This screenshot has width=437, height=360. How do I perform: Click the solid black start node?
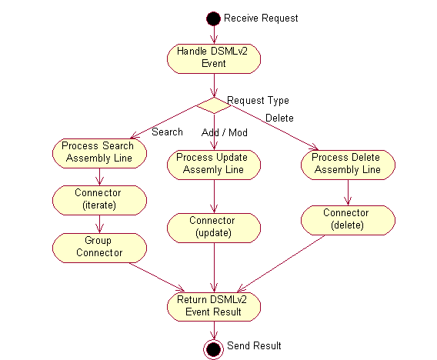pos(213,18)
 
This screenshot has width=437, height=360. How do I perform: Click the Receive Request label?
pos(261,18)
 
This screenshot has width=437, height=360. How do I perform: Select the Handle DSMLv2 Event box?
pos(213,58)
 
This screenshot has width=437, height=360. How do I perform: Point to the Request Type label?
pos(258,100)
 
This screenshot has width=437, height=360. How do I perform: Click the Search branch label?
pos(167,132)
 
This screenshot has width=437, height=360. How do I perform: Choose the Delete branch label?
pos(279,118)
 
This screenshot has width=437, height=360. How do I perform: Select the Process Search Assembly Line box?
pos(98,152)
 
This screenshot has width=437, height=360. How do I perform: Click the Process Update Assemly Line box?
pos(213,163)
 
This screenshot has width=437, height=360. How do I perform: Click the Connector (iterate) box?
pos(98,199)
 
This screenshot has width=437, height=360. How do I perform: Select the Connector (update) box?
pos(213,227)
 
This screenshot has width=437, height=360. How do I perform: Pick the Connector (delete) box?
pos(348,219)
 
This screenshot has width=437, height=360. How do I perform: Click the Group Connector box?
pos(98,247)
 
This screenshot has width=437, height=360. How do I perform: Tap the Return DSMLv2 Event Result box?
pos(213,305)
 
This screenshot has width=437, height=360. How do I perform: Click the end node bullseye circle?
pos(213,347)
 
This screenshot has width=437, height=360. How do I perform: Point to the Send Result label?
pos(254,346)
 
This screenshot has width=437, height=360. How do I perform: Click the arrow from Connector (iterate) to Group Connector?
pos(98,223)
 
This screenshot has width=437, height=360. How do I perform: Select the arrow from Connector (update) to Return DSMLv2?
pos(213,265)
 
